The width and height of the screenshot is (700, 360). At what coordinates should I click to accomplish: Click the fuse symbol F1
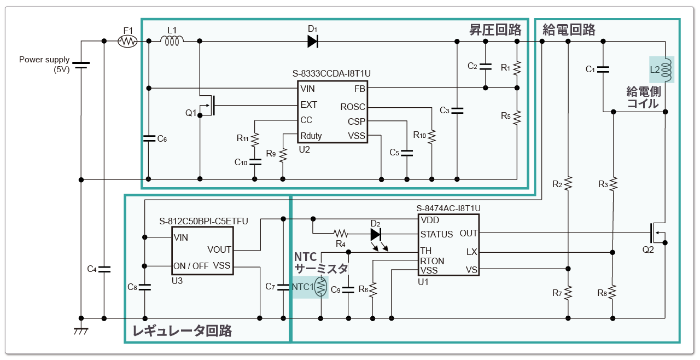[128, 41]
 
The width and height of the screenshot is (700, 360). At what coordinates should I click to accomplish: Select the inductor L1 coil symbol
[172, 40]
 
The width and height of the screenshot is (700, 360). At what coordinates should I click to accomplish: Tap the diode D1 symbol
[313, 41]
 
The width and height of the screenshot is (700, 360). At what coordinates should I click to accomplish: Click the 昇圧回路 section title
[495, 30]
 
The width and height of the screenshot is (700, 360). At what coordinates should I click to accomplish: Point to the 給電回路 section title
[569, 30]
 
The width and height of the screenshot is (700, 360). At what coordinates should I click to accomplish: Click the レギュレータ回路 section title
[182, 330]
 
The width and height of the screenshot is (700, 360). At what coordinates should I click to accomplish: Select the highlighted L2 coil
[662, 69]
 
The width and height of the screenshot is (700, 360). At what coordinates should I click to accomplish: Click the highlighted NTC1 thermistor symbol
[321, 287]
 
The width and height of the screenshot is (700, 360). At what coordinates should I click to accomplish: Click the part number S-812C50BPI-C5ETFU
[203, 221]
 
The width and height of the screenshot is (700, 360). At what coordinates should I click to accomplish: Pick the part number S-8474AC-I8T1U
[448, 208]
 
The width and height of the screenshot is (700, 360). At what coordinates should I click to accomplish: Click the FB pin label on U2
[359, 89]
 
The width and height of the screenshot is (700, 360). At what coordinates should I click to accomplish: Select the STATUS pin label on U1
[436, 234]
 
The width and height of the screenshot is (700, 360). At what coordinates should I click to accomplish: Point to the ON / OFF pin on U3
[190, 266]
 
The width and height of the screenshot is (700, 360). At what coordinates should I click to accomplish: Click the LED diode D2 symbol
[376, 234]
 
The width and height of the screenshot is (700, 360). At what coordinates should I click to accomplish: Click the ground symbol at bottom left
[81, 330]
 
